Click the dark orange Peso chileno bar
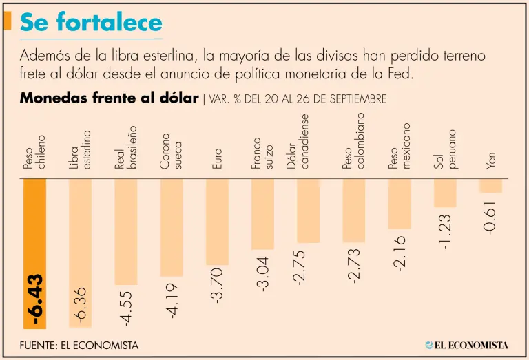click(x=34, y=227)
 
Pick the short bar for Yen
click(x=490, y=185)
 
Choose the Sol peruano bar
click(x=445, y=192)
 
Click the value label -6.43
click(x=34, y=301)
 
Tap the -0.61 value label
click(x=490, y=218)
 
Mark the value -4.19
click(x=171, y=300)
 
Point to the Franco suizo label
click(x=262, y=153)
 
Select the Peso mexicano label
click(x=400, y=146)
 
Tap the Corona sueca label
click(x=171, y=151)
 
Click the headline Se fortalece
click(x=91, y=23)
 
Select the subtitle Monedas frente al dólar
click(x=110, y=98)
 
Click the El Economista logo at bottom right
click(x=466, y=344)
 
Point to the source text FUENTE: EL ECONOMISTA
click(x=79, y=345)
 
